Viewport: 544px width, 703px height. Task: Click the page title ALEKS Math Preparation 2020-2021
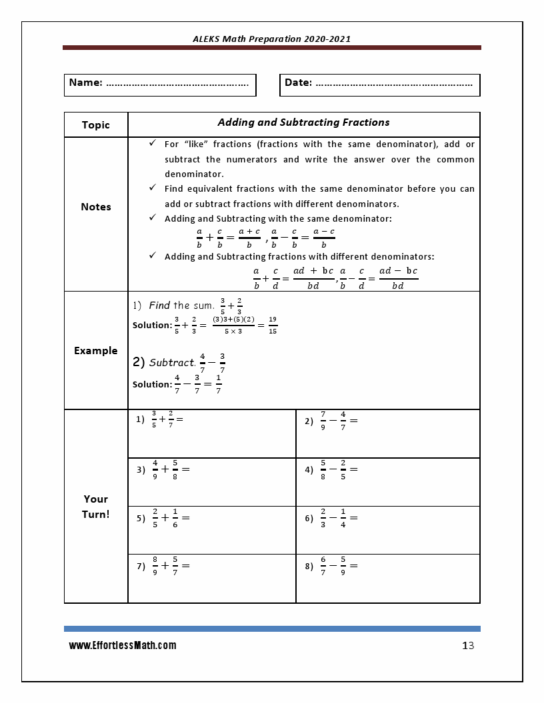271,39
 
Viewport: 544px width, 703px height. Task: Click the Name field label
85,83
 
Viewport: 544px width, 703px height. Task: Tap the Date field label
298,83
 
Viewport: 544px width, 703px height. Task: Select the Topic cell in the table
95,125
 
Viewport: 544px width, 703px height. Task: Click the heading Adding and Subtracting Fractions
303,122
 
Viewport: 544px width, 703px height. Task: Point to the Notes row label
95,207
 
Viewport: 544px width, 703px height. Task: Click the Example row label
95,351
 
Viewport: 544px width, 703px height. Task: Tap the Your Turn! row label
95,507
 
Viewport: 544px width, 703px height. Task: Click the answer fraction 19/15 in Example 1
273,325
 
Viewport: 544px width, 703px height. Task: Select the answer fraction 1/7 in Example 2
219,384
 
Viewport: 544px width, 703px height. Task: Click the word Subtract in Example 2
171,363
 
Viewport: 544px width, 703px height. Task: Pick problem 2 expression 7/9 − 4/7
339,421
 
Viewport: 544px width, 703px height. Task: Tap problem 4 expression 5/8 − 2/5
339,469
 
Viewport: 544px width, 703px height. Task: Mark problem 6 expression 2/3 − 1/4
339,517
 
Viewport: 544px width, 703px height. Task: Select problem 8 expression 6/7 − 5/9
339,566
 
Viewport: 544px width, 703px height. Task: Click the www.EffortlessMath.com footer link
123,646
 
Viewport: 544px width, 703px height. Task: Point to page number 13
467,646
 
